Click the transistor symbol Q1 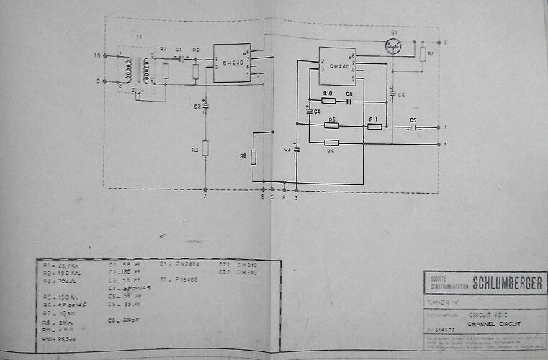(x=392, y=47)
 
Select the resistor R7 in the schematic (x=423, y=55)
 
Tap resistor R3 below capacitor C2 (x=205, y=148)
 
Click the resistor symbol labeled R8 (x=253, y=156)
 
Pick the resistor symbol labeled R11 (x=374, y=126)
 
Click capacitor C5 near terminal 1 (x=413, y=127)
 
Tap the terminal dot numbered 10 (x=107, y=55)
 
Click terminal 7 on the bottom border (x=205, y=189)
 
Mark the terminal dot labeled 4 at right (x=439, y=145)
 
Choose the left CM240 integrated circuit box (x=231, y=62)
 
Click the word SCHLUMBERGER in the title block (x=506, y=284)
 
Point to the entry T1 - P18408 (x=179, y=279)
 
